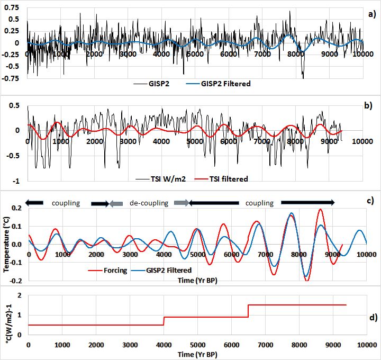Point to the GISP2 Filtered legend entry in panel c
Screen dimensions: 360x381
coord(165,270)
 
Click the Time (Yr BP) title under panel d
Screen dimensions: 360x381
coord(197,354)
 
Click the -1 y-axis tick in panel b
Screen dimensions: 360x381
coord(16,181)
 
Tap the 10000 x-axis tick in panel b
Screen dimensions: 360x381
coord(361,141)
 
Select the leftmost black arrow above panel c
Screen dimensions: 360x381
coord(34,203)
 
